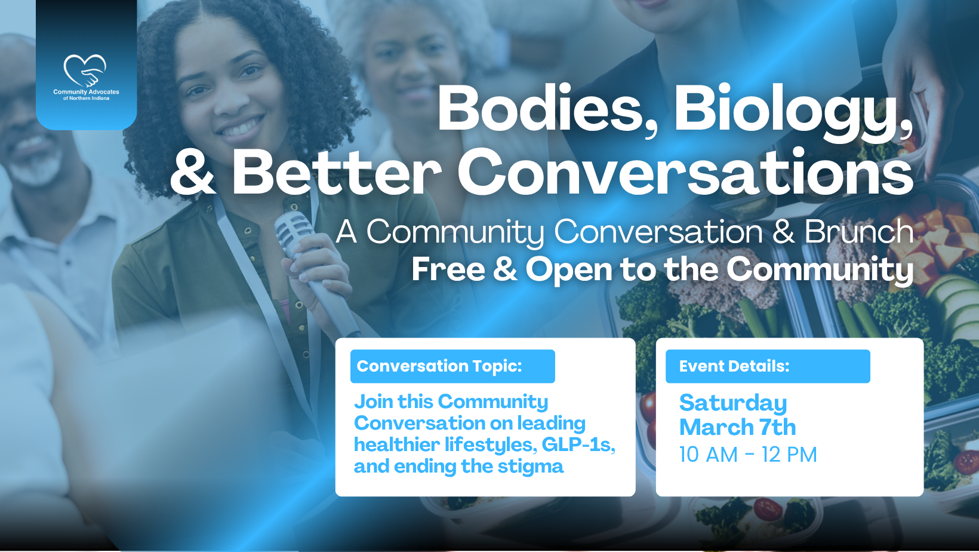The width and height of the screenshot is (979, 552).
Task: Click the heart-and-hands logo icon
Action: click(85, 70)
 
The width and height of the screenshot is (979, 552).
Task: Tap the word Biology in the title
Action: click(793, 109)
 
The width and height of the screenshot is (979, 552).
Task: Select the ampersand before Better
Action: click(192, 171)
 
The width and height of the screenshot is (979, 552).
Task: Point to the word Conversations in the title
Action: click(685, 171)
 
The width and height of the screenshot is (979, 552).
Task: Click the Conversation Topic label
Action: click(439, 366)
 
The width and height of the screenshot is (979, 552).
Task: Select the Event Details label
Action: click(734, 366)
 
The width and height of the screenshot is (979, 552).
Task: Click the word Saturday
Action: click(733, 403)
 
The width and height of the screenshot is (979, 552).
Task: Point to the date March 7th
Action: click(737, 427)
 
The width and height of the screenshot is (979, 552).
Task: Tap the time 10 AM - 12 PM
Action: click(748, 455)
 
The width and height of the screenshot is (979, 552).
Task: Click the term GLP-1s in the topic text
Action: click(578, 444)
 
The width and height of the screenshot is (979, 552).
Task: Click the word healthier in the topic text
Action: click(397, 444)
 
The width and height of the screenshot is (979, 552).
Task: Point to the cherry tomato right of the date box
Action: click(966, 461)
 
